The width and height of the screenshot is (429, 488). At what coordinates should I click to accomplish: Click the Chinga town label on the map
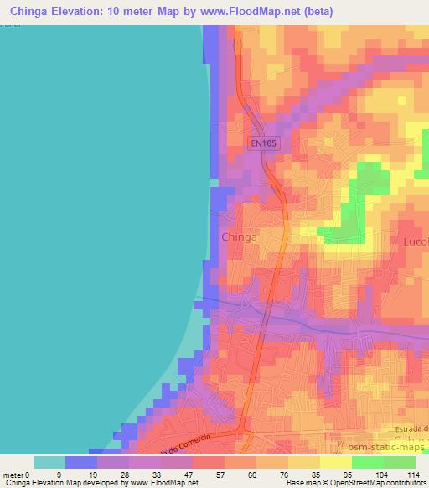coord(239,237)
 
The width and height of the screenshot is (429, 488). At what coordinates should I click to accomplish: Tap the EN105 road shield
coord(264,143)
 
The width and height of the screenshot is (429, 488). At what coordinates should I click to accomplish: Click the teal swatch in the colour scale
coord(49,462)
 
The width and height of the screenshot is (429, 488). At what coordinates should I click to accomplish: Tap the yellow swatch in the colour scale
coord(335,462)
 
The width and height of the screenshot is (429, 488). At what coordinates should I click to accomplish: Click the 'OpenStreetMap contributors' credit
coord(382,483)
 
